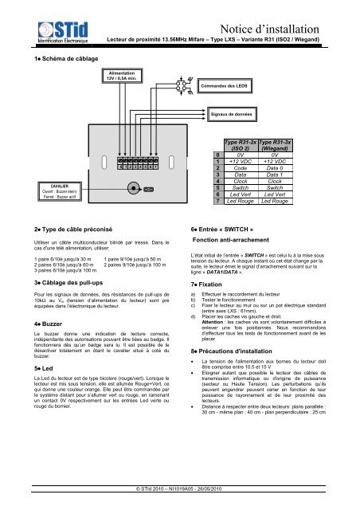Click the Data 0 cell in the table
(280, 169)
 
